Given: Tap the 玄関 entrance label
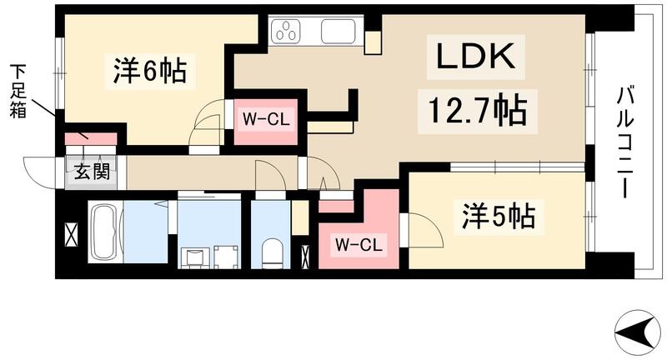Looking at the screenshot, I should (x=91, y=174).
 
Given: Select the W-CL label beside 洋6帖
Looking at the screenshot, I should (x=265, y=118).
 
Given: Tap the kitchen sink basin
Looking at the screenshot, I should (x=339, y=32).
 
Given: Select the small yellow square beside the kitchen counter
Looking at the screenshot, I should (x=372, y=42).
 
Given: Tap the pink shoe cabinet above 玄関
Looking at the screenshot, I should (x=91, y=138).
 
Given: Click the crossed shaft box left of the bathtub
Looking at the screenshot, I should (x=71, y=233).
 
